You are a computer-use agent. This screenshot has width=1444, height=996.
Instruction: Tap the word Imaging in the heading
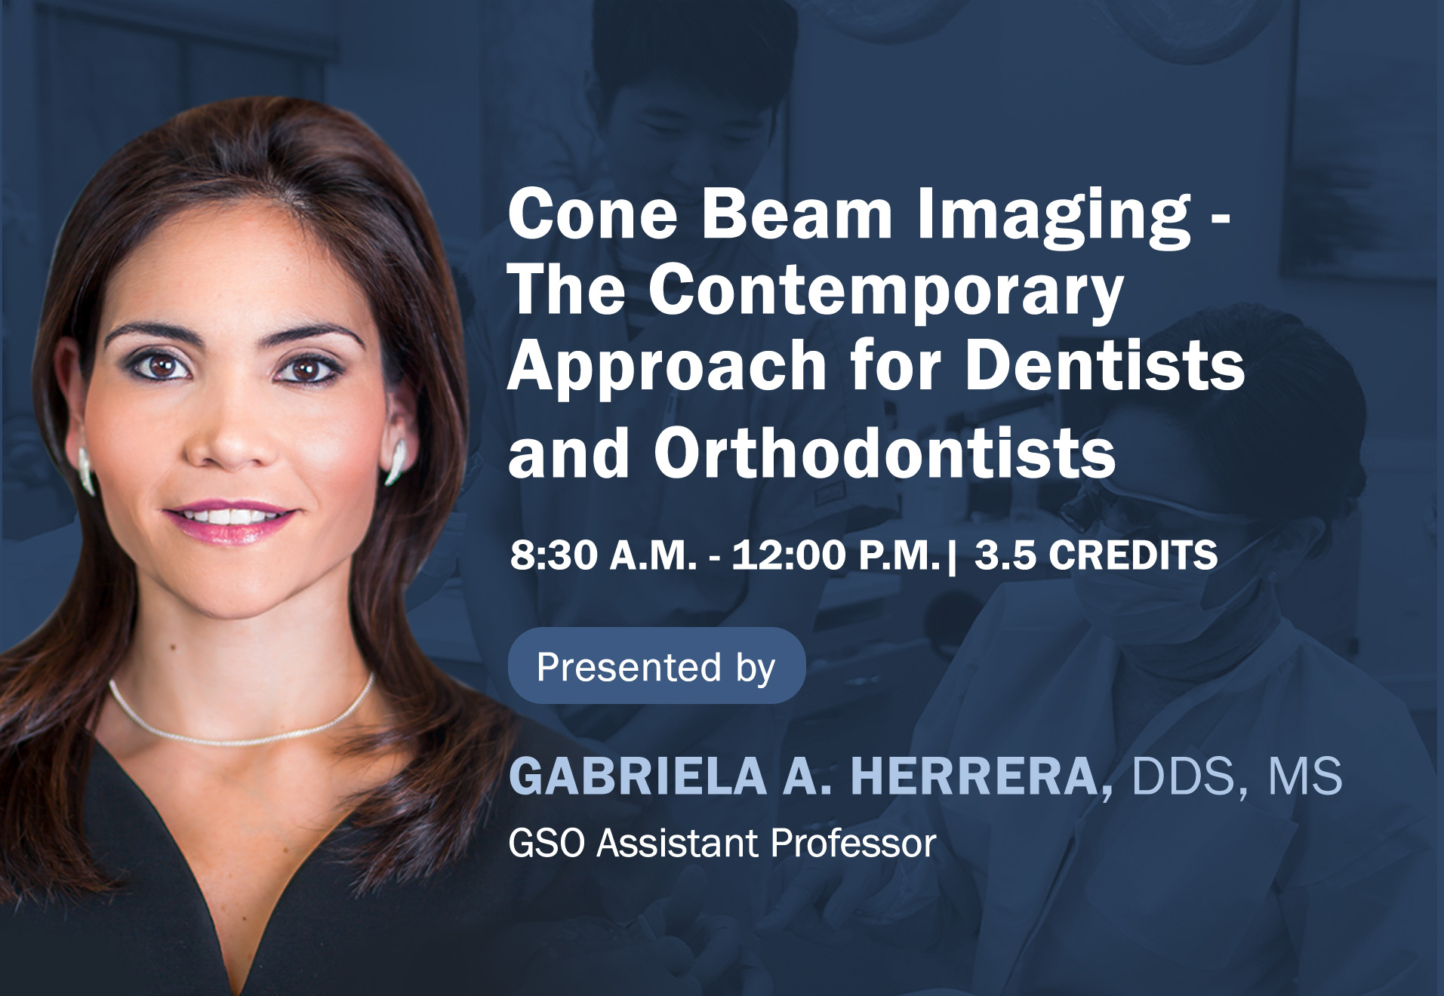[x=1055, y=217]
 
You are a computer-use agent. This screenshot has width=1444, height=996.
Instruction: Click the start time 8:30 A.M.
[x=603, y=555]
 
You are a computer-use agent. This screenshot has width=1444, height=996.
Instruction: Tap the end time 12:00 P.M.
[x=836, y=555]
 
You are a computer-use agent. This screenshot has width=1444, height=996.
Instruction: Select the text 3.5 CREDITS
[x=1096, y=555]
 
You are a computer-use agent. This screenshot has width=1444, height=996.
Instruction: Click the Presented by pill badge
[x=657, y=666]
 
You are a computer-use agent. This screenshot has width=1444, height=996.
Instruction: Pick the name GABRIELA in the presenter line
[x=638, y=776]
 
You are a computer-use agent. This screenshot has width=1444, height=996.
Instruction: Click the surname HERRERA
[x=974, y=776]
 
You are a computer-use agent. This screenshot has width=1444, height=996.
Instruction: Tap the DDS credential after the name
[x=1183, y=776]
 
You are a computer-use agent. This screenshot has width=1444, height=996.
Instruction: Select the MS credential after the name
[x=1305, y=776]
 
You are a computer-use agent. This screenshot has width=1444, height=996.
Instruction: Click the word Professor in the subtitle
[x=854, y=843]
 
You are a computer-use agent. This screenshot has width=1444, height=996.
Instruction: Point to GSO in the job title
[x=547, y=843]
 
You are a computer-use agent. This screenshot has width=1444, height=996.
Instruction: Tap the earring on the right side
[x=396, y=462]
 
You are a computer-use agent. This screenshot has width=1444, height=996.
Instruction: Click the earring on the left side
[x=86, y=472]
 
